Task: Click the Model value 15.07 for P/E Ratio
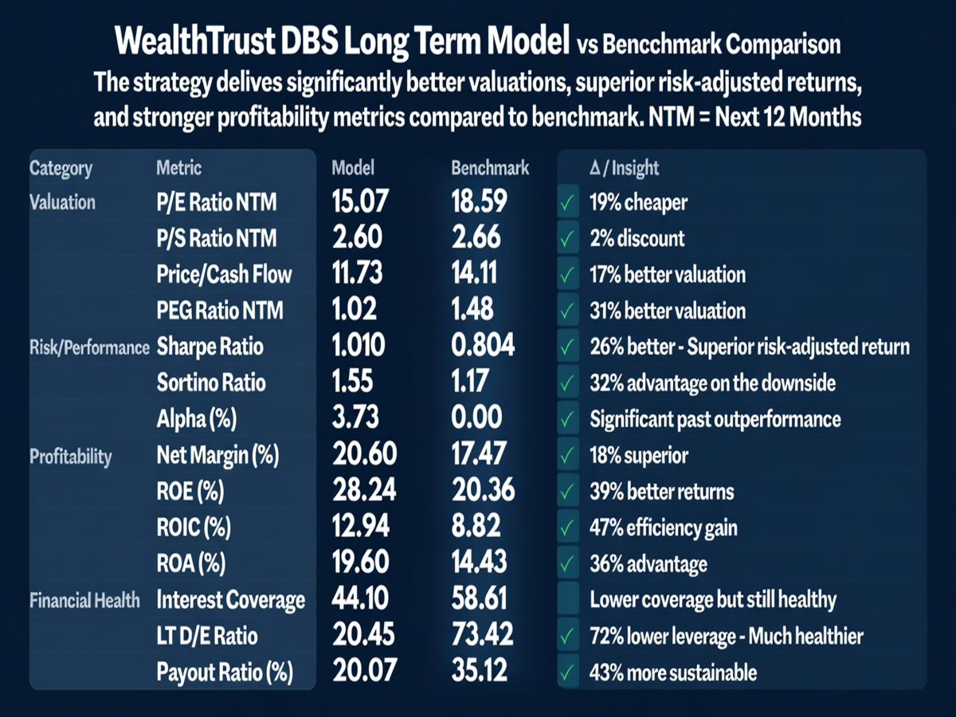(359, 202)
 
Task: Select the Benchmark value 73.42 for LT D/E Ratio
(482, 636)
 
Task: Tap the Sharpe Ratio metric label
(210, 347)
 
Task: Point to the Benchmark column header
(490, 168)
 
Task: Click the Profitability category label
(71, 456)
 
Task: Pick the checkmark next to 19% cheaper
(568, 202)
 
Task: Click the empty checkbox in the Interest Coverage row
(568, 600)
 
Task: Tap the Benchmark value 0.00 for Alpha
(477, 418)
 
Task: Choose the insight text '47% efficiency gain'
(663, 527)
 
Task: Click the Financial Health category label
(84, 600)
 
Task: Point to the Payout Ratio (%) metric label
(225, 673)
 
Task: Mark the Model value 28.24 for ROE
(363, 491)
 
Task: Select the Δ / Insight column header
(624, 168)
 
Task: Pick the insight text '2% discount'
(637, 238)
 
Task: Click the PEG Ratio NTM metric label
(219, 311)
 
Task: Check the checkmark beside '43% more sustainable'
(568, 673)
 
